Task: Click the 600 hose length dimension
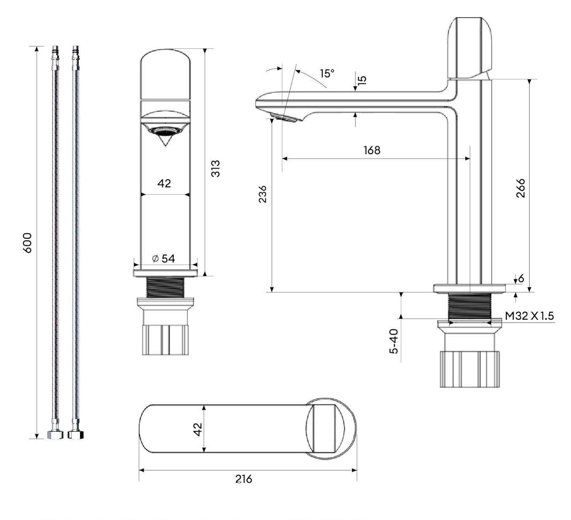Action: click(27, 242)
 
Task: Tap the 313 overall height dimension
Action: click(215, 168)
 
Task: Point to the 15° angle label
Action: click(327, 73)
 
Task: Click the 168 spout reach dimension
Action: click(372, 150)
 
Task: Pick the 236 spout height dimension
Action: click(263, 194)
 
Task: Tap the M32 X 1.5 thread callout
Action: click(529, 316)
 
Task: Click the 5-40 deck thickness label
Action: click(393, 341)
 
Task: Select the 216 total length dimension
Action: click(244, 479)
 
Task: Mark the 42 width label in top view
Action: click(197, 429)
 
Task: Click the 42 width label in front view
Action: click(164, 183)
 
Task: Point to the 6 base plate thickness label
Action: click(521, 278)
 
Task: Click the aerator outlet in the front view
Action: click(164, 132)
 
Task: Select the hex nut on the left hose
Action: click(54, 434)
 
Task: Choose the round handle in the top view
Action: click(330, 428)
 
